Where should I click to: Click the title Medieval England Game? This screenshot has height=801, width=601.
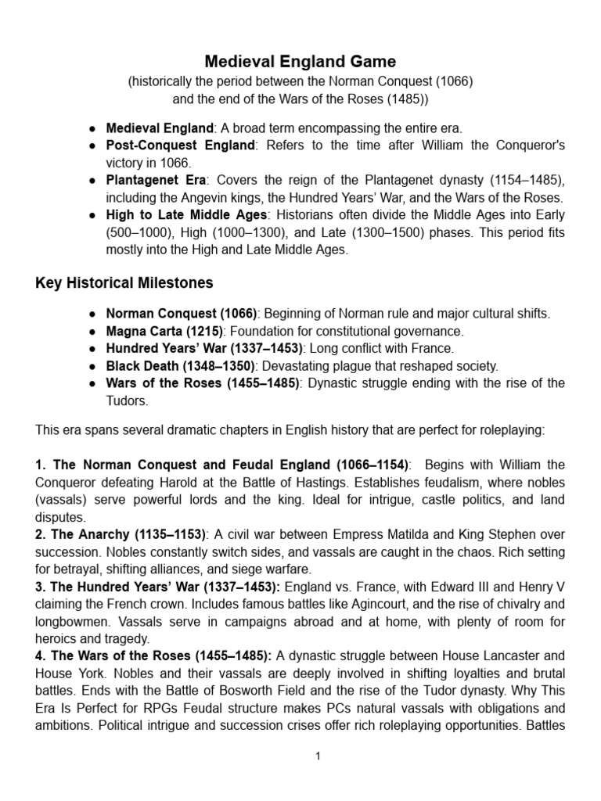(300, 61)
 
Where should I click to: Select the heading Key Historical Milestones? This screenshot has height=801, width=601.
(125, 282)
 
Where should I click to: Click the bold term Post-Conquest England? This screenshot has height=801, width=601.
(181, 145)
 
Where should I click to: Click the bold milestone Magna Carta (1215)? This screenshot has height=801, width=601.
(164, 331)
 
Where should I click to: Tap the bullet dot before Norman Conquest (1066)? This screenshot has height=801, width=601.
(93, 314)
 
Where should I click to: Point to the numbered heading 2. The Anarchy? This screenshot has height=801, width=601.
(86, 533)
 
